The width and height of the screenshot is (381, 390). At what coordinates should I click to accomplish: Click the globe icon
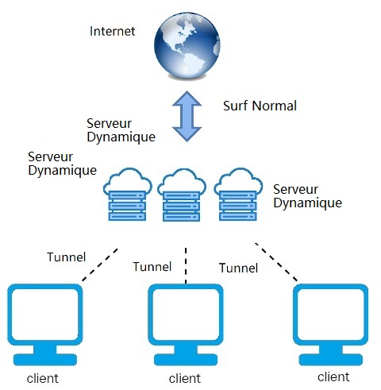tap(187, 45)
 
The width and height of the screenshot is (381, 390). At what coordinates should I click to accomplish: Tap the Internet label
tap(113, 31)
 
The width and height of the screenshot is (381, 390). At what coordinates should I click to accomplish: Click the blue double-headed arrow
tap(187, 116)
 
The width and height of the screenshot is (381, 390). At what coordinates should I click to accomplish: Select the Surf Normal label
tap(260, 106)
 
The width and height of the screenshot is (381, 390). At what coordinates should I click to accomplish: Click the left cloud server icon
tap(128, 195)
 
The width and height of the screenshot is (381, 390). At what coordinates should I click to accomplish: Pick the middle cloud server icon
tap(182, 195)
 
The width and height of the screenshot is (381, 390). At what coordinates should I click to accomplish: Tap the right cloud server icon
tap(238, 195)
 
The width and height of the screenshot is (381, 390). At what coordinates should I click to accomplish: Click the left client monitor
tap(45, 324)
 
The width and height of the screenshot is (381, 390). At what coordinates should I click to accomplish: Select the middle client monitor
tap(186, 324)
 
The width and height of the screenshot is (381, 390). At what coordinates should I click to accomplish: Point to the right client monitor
tap(331, 324)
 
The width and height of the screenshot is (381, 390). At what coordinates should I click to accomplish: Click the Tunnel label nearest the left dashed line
tap(67, 257)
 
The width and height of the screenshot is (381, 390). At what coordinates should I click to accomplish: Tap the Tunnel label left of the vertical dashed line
tap(152, 267)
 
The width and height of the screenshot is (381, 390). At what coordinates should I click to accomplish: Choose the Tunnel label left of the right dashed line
tap(238, 268)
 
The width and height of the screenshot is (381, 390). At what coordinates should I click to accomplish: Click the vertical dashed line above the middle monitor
tap(186, 265)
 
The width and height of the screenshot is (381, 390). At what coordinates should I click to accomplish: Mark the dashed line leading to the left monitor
tap(100, 265)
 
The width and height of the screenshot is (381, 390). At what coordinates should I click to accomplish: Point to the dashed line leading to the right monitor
tap(276, 262)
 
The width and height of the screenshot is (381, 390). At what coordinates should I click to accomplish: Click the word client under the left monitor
tap(43, 378)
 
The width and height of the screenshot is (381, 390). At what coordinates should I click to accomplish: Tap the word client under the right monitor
tap(333, 376)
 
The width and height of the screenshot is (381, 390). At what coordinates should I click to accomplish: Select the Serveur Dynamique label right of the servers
tap(307, 196)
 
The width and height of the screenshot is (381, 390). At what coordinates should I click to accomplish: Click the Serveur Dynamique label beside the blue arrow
tap(121, 130)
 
